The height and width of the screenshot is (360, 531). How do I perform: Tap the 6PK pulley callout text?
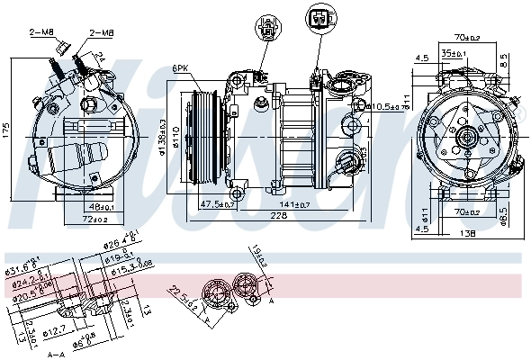180,68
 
